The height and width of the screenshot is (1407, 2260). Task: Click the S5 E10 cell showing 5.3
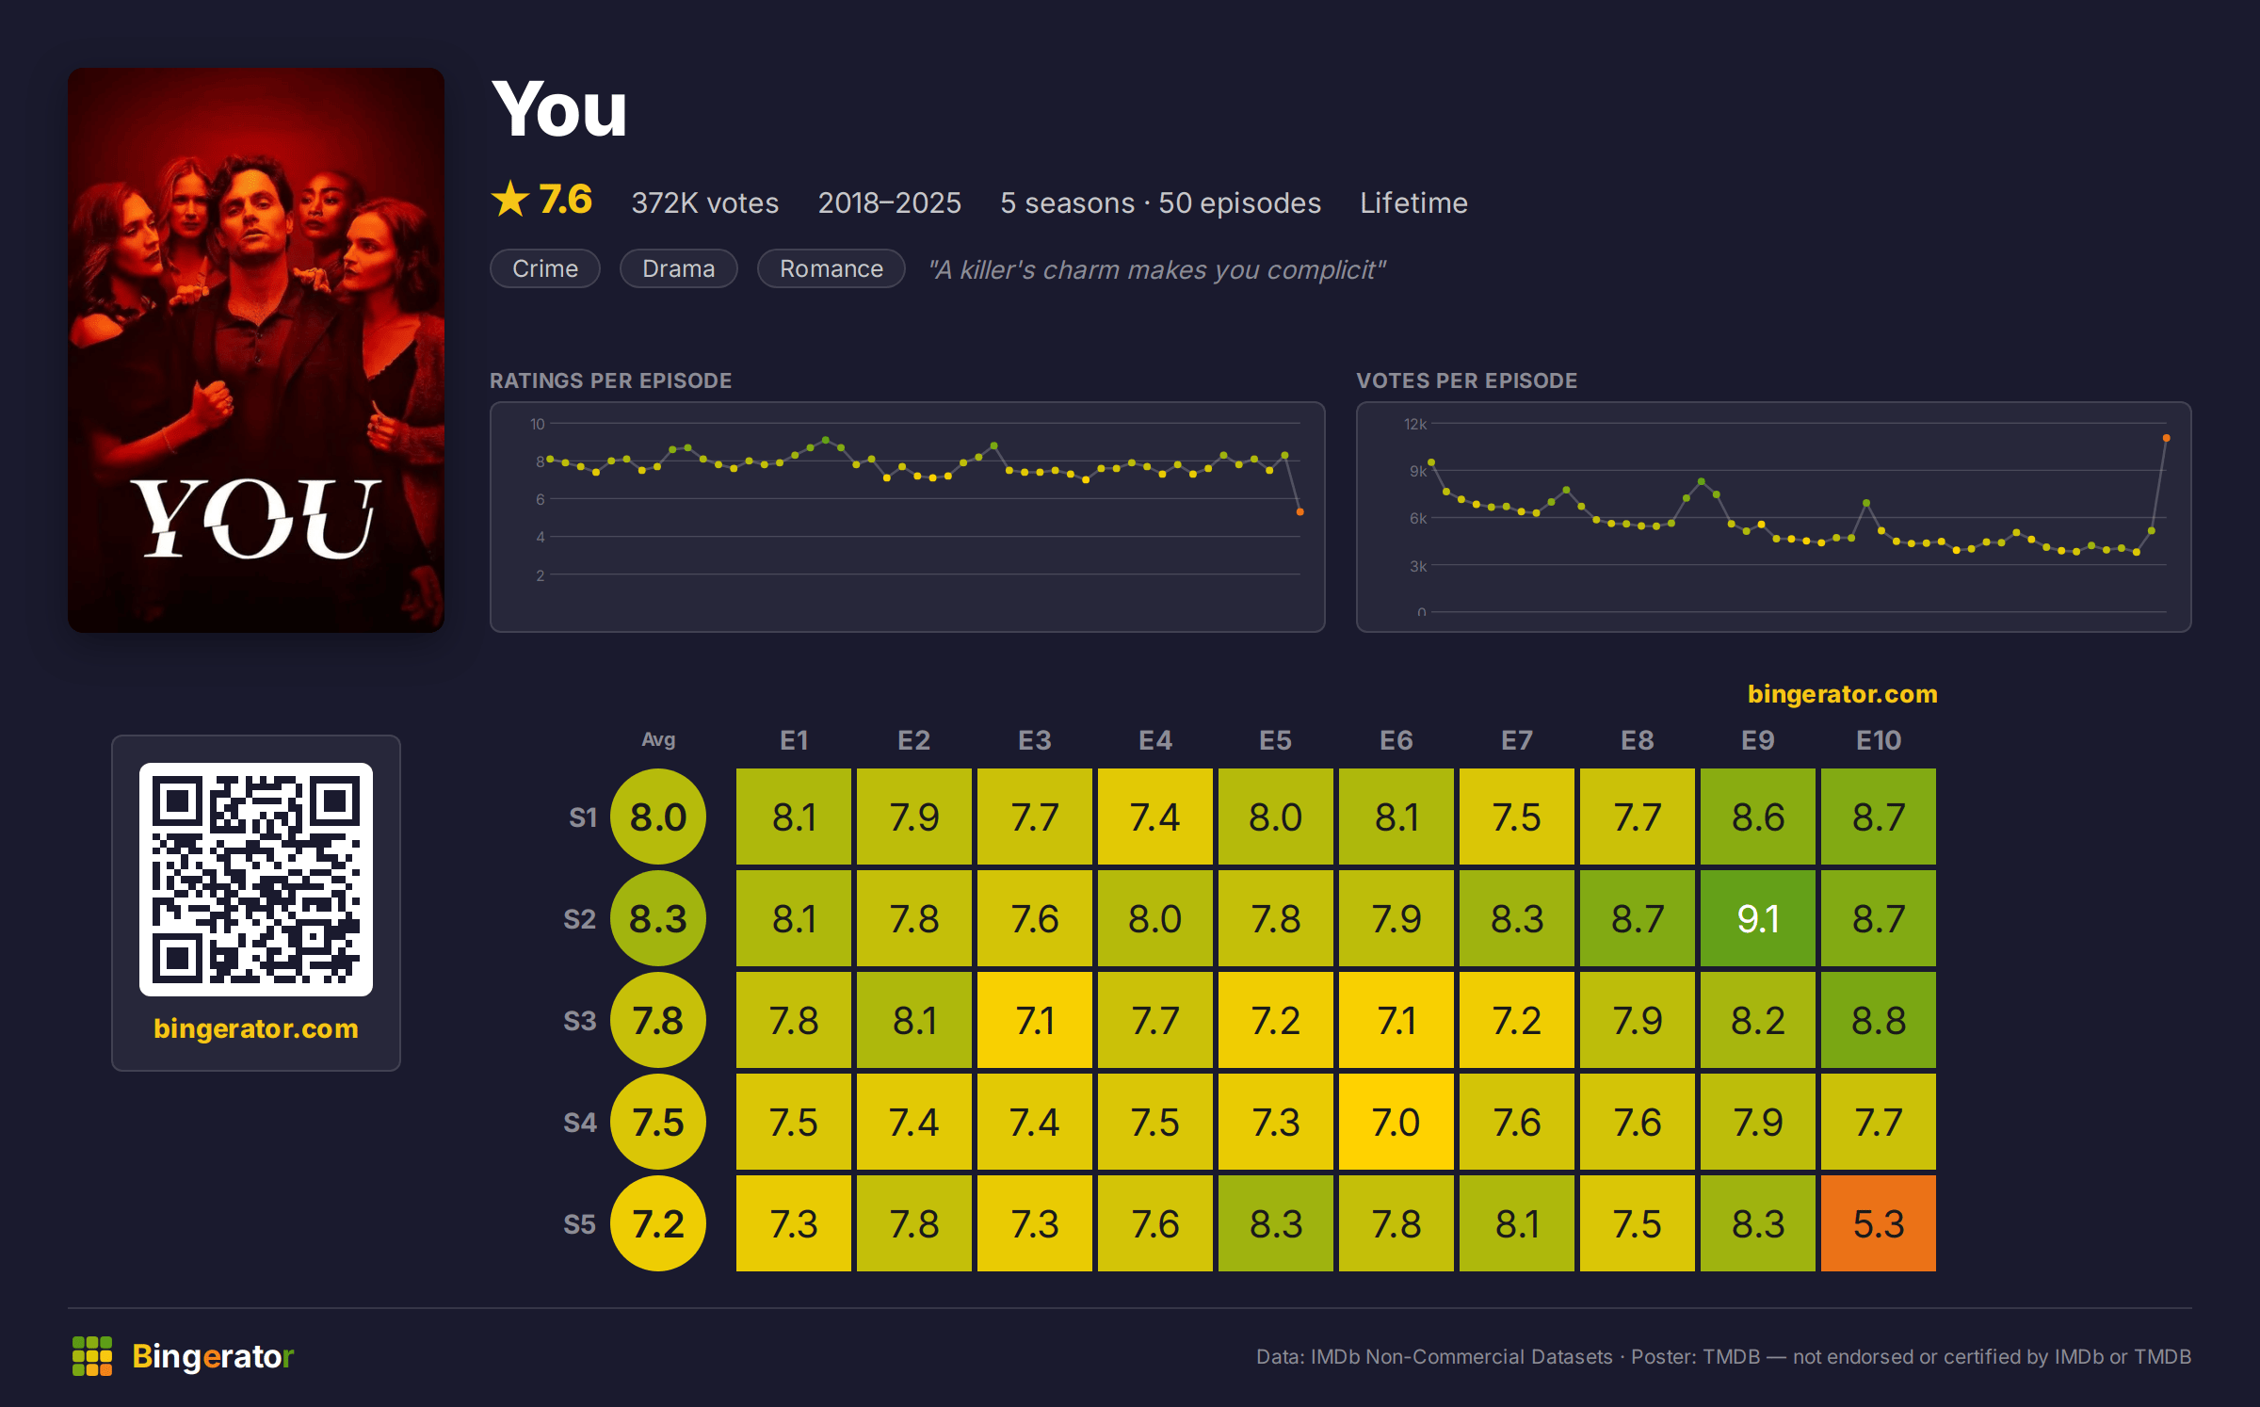(1878, 1222)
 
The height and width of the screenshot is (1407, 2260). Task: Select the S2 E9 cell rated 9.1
(1757, 917)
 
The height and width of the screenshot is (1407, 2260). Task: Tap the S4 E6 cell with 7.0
(1396, 1121)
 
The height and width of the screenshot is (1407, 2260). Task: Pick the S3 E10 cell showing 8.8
(1878, 1019)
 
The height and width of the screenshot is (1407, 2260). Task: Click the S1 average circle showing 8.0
(658, 817)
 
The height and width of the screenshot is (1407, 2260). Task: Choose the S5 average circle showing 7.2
(658, 1223)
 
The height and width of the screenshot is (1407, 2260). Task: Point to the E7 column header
(1516, 740)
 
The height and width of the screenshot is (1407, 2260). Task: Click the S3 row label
(580, 1021)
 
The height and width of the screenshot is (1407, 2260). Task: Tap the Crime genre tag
(545, 268)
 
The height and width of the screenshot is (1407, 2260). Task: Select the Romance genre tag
(831, 268)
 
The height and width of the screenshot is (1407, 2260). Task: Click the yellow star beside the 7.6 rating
(510, 199)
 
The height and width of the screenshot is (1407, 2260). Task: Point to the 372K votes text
(705, 202)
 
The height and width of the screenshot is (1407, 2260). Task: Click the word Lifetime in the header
(1413, 202)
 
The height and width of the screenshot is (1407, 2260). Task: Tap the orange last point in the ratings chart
(1299, 512)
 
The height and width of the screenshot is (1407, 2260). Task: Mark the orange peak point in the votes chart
(2166, 438)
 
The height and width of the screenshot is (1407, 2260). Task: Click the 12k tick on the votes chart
(1415, 424)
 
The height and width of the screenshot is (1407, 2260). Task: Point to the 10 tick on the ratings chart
(538, 424)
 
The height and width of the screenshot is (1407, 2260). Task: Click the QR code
(256, 880)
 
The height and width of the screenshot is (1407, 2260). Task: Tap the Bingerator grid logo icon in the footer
(92, 1356)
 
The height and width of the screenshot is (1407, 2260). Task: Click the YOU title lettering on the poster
(256, 517)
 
